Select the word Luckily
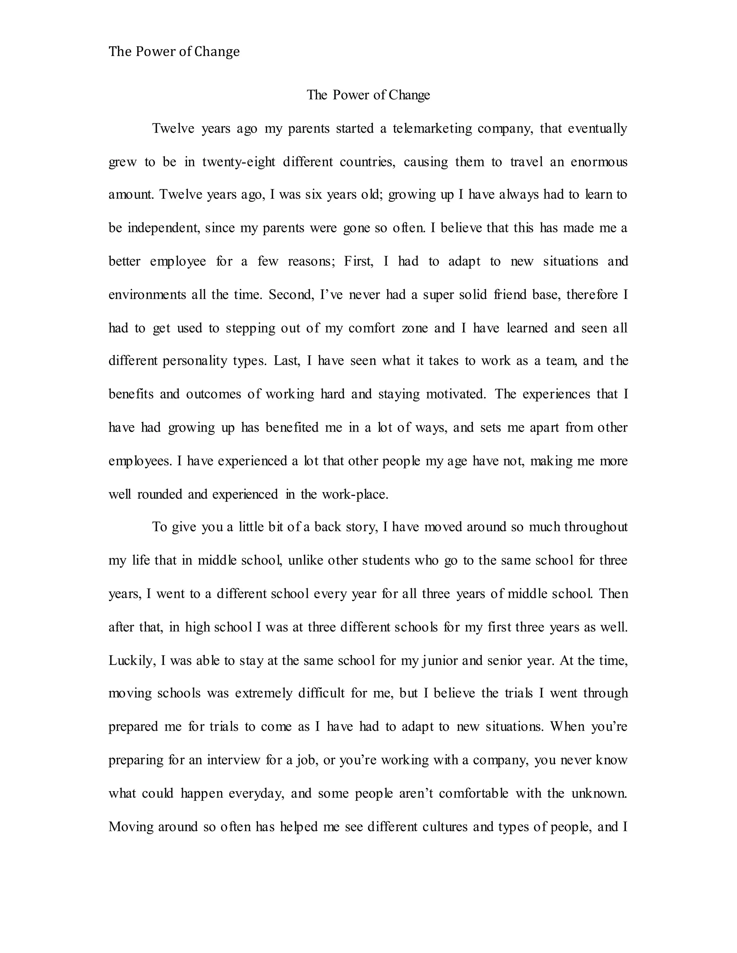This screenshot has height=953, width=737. (131, 660)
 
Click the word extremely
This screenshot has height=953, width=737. (263, 693)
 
